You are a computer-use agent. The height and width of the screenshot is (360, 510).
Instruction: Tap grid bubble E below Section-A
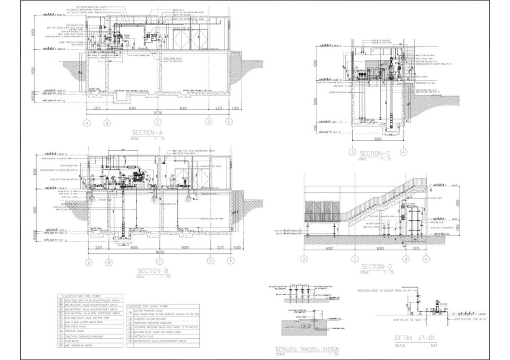(x=229, y=122)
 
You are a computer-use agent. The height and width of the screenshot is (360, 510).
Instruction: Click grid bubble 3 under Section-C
(x=352, y=152)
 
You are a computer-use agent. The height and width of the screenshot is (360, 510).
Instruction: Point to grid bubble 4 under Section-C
(x=404, y=152)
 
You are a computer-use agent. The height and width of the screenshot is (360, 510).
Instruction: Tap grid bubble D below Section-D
(x=304, y=259)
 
